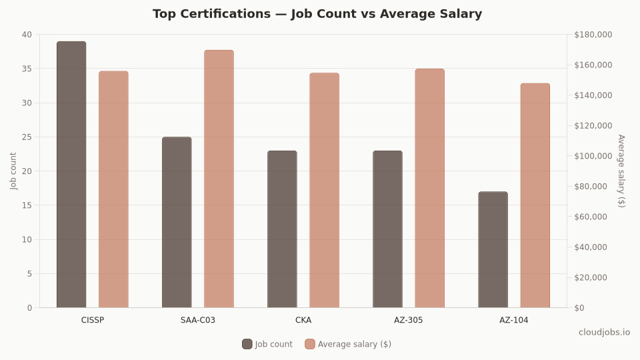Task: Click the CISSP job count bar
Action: pos(71,175)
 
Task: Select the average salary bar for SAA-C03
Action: pos(219,179)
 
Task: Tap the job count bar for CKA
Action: pos(282,229)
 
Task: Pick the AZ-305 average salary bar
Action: pos(429,188)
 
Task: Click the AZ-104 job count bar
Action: pos(493,250)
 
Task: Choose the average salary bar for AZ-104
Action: pos(535,195)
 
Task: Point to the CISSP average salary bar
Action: pos(113,189)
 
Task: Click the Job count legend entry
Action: pos(267,344)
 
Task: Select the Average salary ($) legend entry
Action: pos(348,344)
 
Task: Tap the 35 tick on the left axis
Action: pos(27,69)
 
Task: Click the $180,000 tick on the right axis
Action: pos(593,35)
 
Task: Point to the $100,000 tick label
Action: pos(593,156)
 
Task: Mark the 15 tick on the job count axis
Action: pos(27,205)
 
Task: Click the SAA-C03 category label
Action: pos(198,320)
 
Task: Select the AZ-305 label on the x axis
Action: pos(409,320)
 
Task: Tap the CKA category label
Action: pos(303,320)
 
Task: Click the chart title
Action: pos(317,14)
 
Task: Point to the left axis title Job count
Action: pos(14,171)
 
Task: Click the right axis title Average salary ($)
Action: pos(621,171)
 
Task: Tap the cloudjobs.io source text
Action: pos(604,332)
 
